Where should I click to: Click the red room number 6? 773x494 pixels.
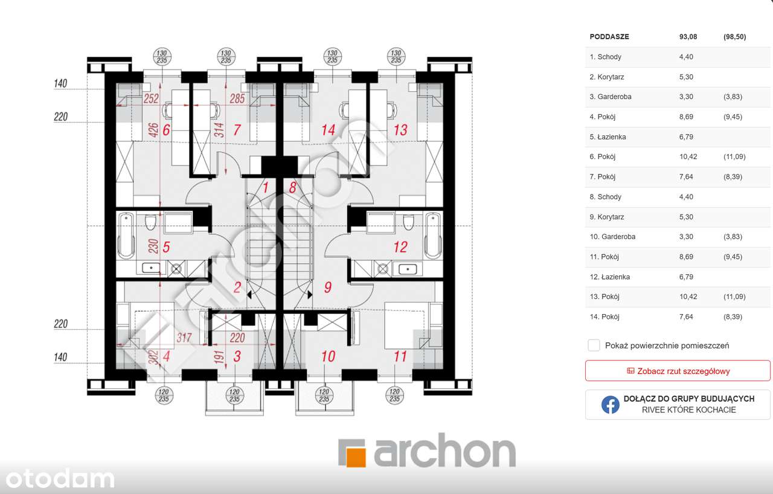click(x=166, y=130)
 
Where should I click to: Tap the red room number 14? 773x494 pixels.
click(x=328, y=130)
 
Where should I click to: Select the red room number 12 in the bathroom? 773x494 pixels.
click(x=400, y=247)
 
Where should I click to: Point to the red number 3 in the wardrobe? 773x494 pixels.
click(x=237, y=356)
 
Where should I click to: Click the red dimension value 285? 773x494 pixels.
click(x=237, y=98)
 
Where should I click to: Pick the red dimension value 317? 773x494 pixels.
click(x=184, y=338)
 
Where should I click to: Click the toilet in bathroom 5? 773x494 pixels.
click(x=150, y=222)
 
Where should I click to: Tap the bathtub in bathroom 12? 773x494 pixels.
click(x=433, y=236)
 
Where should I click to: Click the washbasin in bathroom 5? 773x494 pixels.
click(x=151, y=268)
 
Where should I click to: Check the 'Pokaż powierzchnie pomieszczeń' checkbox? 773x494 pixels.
click(x=594, y=345)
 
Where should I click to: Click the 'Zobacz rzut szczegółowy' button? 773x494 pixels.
click(x=678, y=371)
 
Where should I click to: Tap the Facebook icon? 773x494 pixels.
click(x=610, y=405)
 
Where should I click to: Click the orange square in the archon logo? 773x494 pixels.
click(x=356, y=457)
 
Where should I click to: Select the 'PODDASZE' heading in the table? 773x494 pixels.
click(x=609, y=37)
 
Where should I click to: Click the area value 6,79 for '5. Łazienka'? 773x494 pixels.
click(x=686, y=136)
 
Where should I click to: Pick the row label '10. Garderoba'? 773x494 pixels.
click(x=612, y=237)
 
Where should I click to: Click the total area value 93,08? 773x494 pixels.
click(x=688, y=37)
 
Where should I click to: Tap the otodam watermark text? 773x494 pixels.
click(x=60, y=479)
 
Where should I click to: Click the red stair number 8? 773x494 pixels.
click(x=293, y=188)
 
